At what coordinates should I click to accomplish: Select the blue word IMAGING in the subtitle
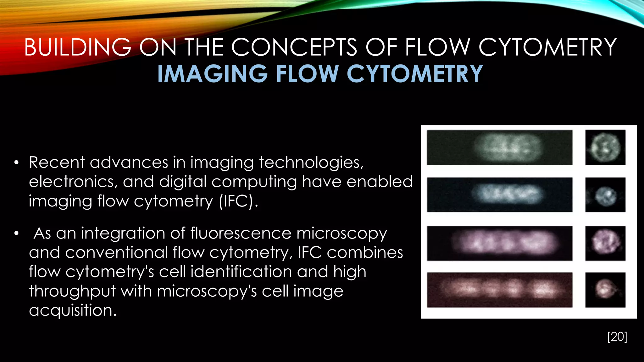pos(212,74)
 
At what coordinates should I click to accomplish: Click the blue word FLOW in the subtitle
pos(307,74)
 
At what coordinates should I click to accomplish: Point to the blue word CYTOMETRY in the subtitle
pos(414,74)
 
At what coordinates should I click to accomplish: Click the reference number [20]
pos(617,337)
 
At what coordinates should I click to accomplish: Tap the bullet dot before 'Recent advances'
pos(16,163)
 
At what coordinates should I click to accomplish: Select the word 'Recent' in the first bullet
pos(57,163)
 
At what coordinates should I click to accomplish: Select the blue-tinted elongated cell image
pos(507,194)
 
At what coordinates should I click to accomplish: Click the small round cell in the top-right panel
pos(605,147)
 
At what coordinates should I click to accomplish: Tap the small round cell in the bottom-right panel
pos(604,289)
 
